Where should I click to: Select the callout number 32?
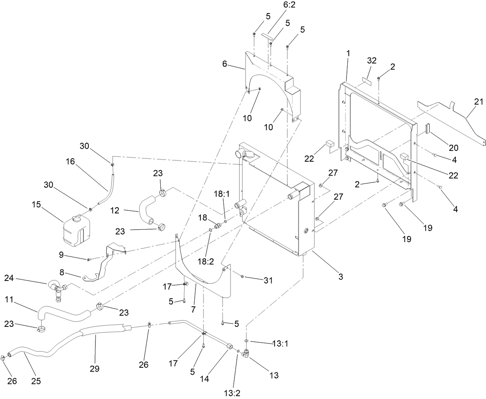372,61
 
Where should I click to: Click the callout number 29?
95,369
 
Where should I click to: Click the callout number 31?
268,281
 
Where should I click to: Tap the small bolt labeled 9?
88,259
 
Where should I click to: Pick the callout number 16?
70,161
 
